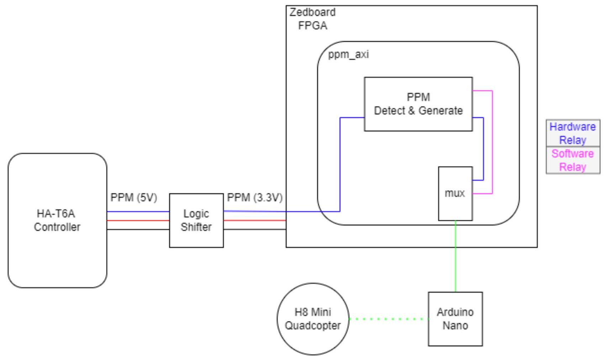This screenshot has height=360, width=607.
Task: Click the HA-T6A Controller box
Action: (x=57, y=220)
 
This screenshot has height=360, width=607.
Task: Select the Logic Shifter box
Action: (x=196, y=220)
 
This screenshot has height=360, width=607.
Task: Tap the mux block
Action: (x=455, y=194)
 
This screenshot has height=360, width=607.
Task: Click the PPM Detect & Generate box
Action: (x=418, y=104)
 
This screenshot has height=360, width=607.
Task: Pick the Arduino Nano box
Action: (x=455, y=319)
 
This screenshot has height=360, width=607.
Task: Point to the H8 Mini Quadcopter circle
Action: (x=313, y=319)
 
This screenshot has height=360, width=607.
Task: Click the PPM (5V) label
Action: (x=134, y=197)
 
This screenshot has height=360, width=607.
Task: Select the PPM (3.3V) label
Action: (x=255, y=197)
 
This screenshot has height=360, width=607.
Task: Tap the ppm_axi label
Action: (x=348, y=55)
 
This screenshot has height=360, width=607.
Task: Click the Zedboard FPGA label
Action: (x=312, y=19)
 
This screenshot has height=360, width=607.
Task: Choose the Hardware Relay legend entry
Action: (x=572, y=133)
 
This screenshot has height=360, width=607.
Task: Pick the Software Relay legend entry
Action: (x=572, y=160)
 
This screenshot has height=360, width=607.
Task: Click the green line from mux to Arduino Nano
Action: (x=455, y=256)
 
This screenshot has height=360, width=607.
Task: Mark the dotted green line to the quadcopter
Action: (x=388, y=319)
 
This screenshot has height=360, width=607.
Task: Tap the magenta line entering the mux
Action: (x=492, y=142)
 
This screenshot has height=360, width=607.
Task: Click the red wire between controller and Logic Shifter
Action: (x=138, y=221)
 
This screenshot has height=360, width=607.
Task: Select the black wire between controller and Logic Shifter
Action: (x=138, y=229)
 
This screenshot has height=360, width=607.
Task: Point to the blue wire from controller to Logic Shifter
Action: (x=138, y=212)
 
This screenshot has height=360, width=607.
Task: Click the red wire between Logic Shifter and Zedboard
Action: (x=255, y=221)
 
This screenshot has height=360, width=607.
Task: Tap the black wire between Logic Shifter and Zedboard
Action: (x=255, y=229)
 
